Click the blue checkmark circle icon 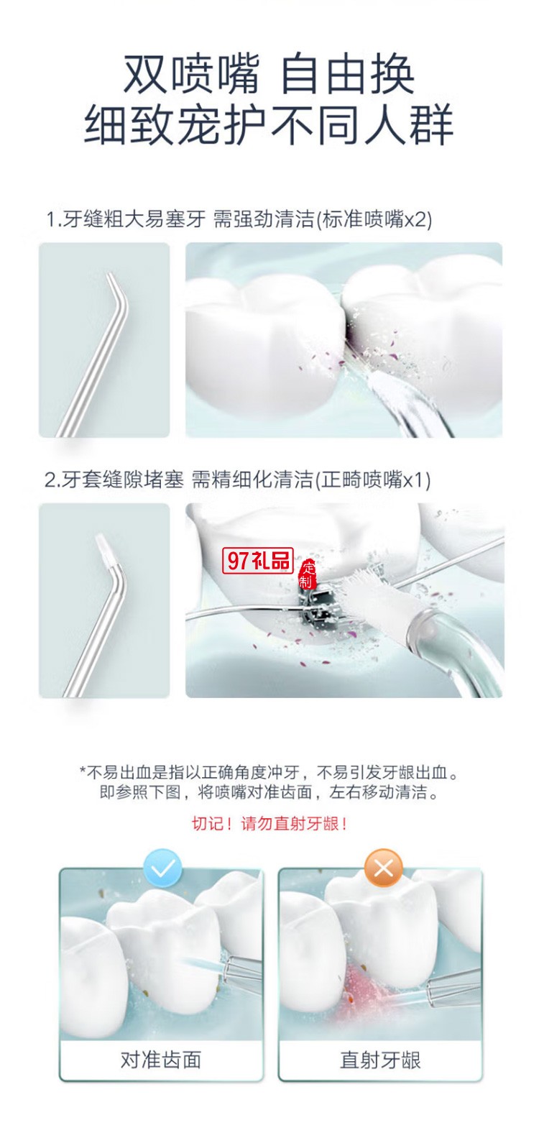click(x=163, y=869)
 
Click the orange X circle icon click(x=383, y=869)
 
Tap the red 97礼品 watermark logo click(x=257, y=561)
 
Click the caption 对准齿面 click(x=161, y=1060)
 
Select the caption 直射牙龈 click(x=380, y=1060)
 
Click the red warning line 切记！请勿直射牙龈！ click(x=269, y=824)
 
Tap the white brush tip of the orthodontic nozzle click(x=106, y=547)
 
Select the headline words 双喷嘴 click(x=190, y=74)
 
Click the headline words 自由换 click(x=347, y=74)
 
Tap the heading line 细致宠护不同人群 click(x=269, y=124)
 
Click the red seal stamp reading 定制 click(x=308, y=575)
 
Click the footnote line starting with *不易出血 click(x=269, y=773)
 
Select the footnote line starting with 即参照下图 click(x=269, y=793)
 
